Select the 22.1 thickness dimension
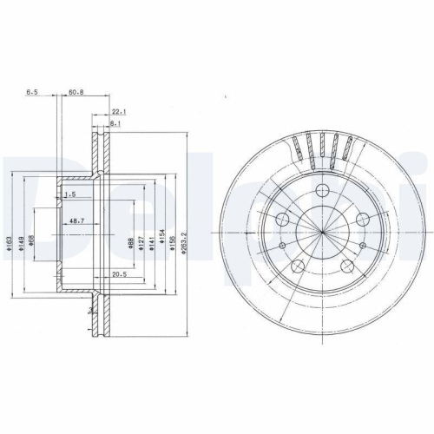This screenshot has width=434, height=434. pyautogui.click(x=119, y=111)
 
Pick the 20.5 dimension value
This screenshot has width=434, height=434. pyautogui.click(x=119, y=274)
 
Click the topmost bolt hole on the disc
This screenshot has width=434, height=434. pyautogui.click(x=322, y=190)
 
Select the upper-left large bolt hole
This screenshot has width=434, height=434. pyautogui.click(x=282, y=220)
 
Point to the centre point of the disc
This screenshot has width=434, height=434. pyautogui.click(x=322, y=233)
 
